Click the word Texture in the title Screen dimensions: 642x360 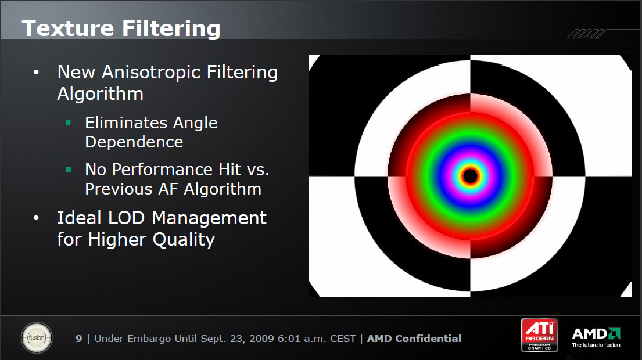click(x=68, y=28)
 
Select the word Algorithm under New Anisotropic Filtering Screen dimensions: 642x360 click(x=101, y=93)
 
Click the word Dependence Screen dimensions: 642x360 click(x=134, y=142)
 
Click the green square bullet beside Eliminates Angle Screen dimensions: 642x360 click(x=69, y=123)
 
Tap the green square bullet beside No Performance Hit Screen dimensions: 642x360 click(x=69, y=169)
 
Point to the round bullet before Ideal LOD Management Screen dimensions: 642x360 click(x=36, y=218)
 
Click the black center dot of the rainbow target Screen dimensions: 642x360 click(x=470, y=176)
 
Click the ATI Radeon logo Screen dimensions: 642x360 click(x=539, y=335)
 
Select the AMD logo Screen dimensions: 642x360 click(x=596, y=337)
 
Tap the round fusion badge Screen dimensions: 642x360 click(x=37, y=338)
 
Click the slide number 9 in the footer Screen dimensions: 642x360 click(x=78, y=339)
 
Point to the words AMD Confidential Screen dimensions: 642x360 click(x=414, y=339)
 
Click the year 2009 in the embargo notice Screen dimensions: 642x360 click(x=262, y=339)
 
